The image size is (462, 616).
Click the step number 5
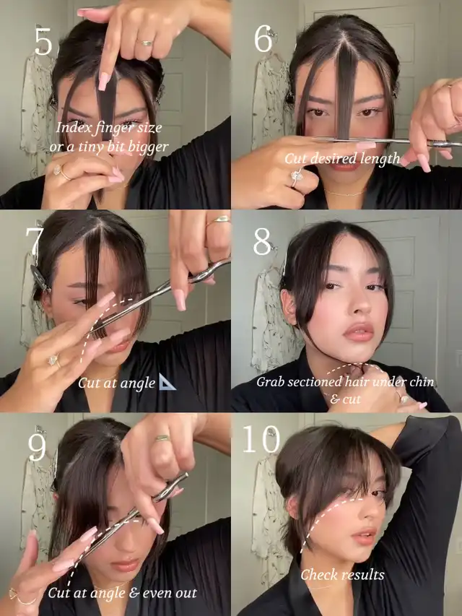click(43, 41)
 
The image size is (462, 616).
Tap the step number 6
click(263, 39)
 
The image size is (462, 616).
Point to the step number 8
click(263, 242)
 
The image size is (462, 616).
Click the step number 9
click(37, 448)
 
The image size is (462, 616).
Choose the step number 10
click(261, 439)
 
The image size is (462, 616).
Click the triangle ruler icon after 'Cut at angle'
click(167, 382)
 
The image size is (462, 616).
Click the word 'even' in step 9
click(152, 593)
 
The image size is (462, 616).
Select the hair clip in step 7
click(39, 278)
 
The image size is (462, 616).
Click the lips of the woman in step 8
click(358, 332)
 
